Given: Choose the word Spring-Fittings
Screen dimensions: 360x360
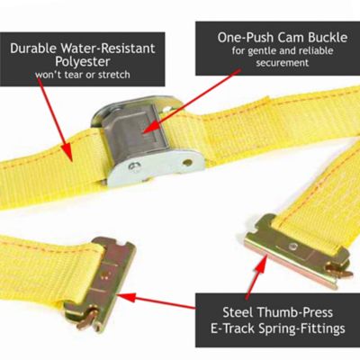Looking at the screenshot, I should [300, 328].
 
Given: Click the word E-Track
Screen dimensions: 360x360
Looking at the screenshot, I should [232, 328].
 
